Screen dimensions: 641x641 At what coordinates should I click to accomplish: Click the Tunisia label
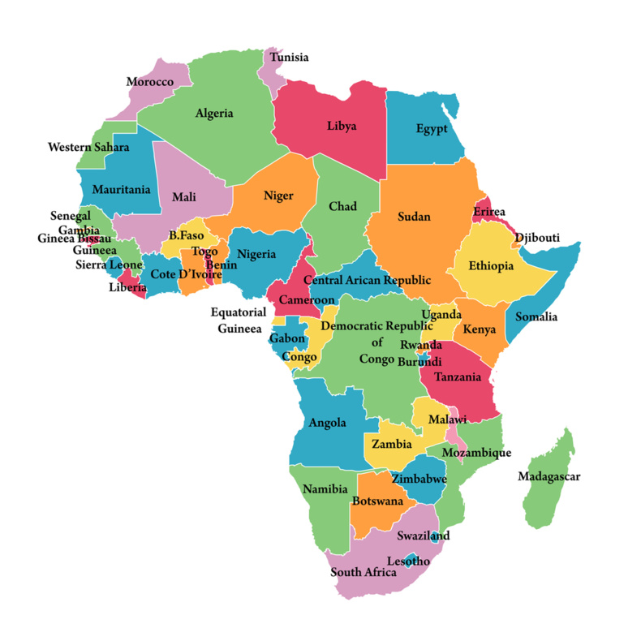point(289,58)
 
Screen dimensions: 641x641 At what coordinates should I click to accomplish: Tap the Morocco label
point(149,82)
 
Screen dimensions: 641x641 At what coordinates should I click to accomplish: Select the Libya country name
point(342,126)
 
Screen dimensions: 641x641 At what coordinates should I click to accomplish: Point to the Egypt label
point(432,129)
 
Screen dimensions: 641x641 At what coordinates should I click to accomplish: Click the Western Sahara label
point(88,148)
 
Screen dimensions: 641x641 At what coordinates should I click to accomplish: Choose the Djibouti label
point(537,238)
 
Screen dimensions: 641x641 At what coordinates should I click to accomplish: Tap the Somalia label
point(536,316)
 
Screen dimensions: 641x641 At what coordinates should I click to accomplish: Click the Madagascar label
point(549,476)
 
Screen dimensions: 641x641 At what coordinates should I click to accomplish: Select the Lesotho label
point(408,561)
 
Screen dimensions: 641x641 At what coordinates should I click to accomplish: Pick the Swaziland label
point(423,536)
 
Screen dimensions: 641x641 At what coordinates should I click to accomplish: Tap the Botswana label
point(377,501)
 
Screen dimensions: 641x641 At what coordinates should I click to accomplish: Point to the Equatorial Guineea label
point(239,320)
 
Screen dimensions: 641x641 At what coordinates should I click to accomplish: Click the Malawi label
point(447,419)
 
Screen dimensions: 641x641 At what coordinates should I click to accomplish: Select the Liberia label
point(127,286)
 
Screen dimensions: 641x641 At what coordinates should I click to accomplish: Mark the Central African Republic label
point(367,280)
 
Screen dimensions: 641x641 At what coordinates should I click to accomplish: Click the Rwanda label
point(420,345)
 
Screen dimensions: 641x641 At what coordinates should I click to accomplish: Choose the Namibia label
point(325,489)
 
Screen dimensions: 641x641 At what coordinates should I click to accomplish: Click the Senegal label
point(70,217)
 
